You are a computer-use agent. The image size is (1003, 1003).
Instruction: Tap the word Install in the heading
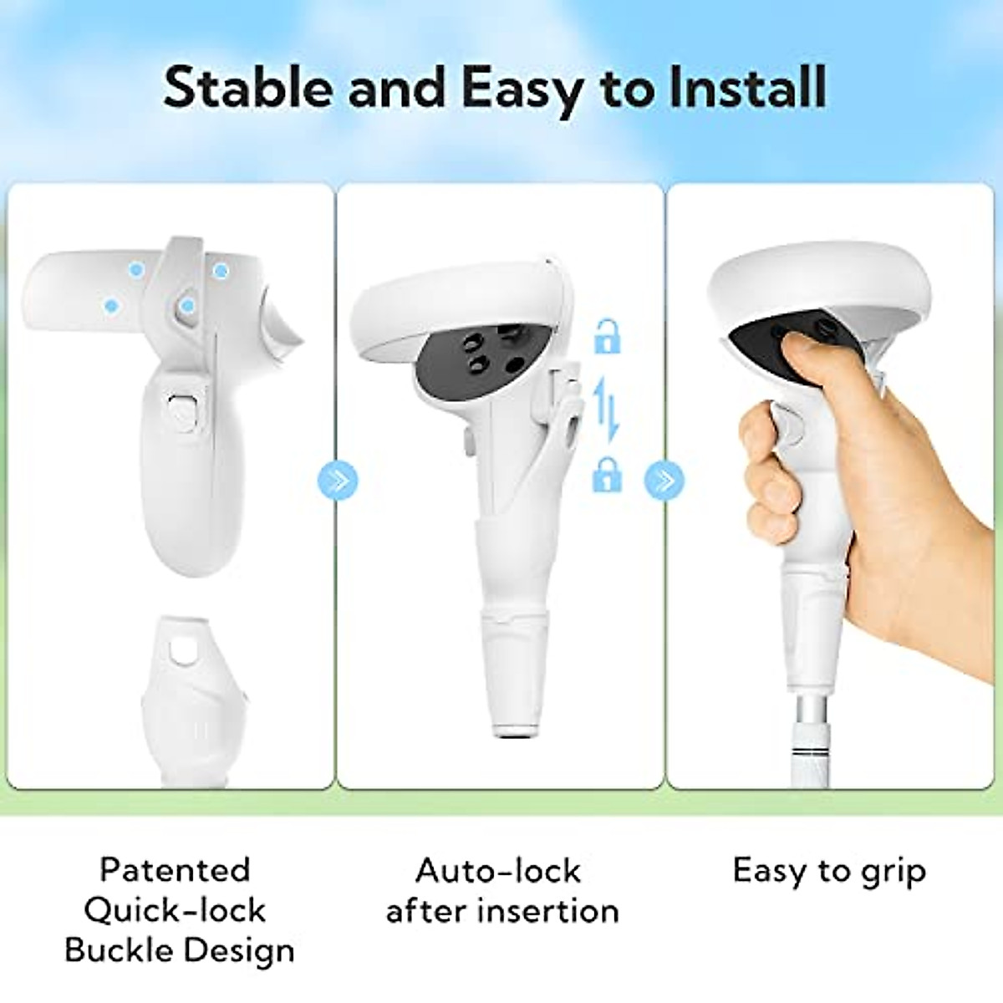tap(747, 88)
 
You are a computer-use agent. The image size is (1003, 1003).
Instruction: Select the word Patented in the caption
tap(175, 870)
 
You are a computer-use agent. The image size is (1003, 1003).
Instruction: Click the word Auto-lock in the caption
tap(498, 871)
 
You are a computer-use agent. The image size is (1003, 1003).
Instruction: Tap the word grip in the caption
tap(893, 873)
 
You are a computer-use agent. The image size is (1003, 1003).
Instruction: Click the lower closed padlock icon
tap(607, 474)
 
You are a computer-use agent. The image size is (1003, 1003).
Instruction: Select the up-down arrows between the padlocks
tap(608, 406)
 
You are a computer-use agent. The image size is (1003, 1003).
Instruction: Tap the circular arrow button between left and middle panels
tap(338, 481)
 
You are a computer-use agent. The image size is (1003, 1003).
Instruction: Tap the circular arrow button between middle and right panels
tap(664, 481)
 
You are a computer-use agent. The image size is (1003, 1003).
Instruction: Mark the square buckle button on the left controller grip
tap(181, 410)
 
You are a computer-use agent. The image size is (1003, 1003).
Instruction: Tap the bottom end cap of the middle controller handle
tap(512, 729)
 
